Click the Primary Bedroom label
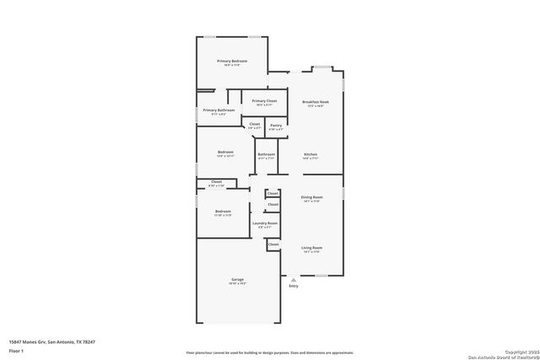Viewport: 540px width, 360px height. tap(231, 61)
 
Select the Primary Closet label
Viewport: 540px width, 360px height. tap(263, 101)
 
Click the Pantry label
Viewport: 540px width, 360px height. tap(276, 125)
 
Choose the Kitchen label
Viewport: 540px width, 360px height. tap(310, 154)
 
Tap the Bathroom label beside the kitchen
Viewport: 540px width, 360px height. tap(267, 154)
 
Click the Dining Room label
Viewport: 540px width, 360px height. tap(312, 197)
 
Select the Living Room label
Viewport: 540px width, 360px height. tap(312, 248)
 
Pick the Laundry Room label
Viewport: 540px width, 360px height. tap(266, 223)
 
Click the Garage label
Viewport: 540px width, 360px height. tap(237, 279)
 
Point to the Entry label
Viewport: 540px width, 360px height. tap(294, 287)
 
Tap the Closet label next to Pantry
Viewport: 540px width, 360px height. tap(255, 125)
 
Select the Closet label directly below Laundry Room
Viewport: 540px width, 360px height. tap(273, 244)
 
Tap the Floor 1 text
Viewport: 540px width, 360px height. tap(15, 350)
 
